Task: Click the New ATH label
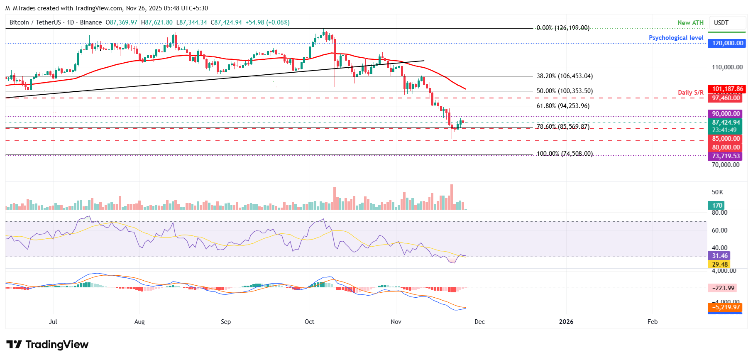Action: coord(690,23)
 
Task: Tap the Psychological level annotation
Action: coord(676,38)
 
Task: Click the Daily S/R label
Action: coord(690,93)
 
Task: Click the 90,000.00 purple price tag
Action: coord(726,114)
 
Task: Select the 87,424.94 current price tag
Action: coord(726,122)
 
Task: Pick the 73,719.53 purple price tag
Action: coord(726,156)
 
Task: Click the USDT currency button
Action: coord(721,23)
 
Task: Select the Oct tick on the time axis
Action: coord(309,322)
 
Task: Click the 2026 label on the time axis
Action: coord(566,322)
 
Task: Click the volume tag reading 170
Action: coord(717,205)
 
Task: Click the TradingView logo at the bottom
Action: coord(47,344)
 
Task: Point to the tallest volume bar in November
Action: coord(452,197)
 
